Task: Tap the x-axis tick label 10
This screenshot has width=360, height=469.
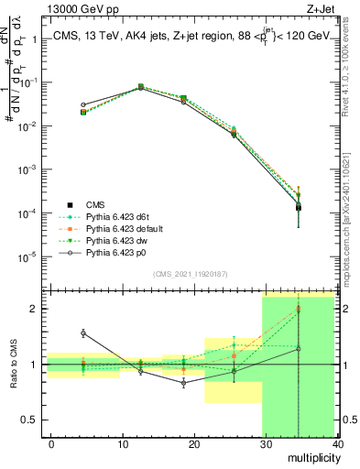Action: (123, 443)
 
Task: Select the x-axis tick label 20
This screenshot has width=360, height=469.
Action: (194, 443)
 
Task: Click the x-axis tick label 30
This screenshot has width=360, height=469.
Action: (266, 443)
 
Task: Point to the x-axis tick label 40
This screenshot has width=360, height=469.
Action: (336, 443)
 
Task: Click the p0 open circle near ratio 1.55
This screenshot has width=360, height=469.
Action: (83, 333)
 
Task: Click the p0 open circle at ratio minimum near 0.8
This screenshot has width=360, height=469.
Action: (184, 383)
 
